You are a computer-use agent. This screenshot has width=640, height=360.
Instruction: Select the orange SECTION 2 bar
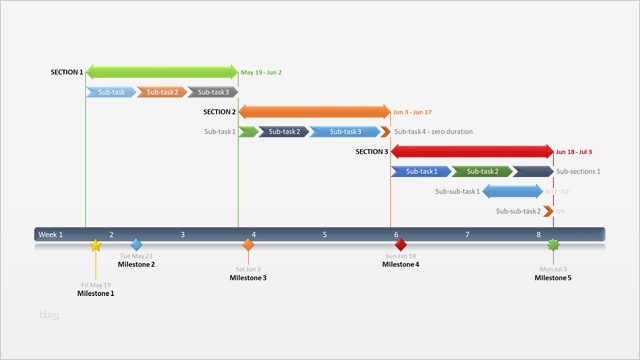pyautogui.click(x=314, y=112)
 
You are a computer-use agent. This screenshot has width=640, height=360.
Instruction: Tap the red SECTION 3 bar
pyautogui.click(x=471, y=152)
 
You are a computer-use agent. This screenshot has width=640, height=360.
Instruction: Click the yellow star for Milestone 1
pyautogui.click(x=96, y=245)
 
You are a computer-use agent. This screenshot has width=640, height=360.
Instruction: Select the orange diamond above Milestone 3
pyautogui.click(x=248, y=245)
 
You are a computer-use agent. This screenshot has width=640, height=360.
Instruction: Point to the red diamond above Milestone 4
pyautogui.click(x=401, y=245)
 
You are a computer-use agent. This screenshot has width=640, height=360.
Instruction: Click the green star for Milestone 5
pyautogui.click(x=553, y=245)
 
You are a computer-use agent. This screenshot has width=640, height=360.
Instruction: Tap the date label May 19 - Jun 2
pyautogui.click(x=261, y=72)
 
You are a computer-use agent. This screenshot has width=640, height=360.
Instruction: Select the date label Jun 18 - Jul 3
pyautogui.click(x=574, y=152)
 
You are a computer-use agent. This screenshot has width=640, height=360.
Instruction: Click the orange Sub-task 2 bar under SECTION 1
pyautogui.click(x=161, y=92)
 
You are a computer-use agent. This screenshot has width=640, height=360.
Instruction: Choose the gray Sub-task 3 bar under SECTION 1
pyautogui.click(x=212, y=92)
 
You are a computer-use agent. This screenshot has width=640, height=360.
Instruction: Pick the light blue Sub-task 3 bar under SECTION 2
pyautogui.click(x=344, y=131)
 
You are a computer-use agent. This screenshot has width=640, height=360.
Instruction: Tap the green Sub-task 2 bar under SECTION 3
pyautogui.click(x=481, y=171)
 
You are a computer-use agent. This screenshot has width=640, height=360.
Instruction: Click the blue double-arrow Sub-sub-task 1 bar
pyautogui.click(x=513, y=191)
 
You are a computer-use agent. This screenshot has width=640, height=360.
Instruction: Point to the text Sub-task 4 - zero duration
pyautogui.click(x=433, y=131)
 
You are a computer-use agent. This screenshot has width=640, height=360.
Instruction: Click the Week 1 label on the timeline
pyautogui.click(x=50, y=234)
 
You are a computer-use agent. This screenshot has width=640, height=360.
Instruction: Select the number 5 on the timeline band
pyautogui.click(x=324, y=234)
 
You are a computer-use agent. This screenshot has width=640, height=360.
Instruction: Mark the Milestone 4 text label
pyautogui.click(x=401, y=265)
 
